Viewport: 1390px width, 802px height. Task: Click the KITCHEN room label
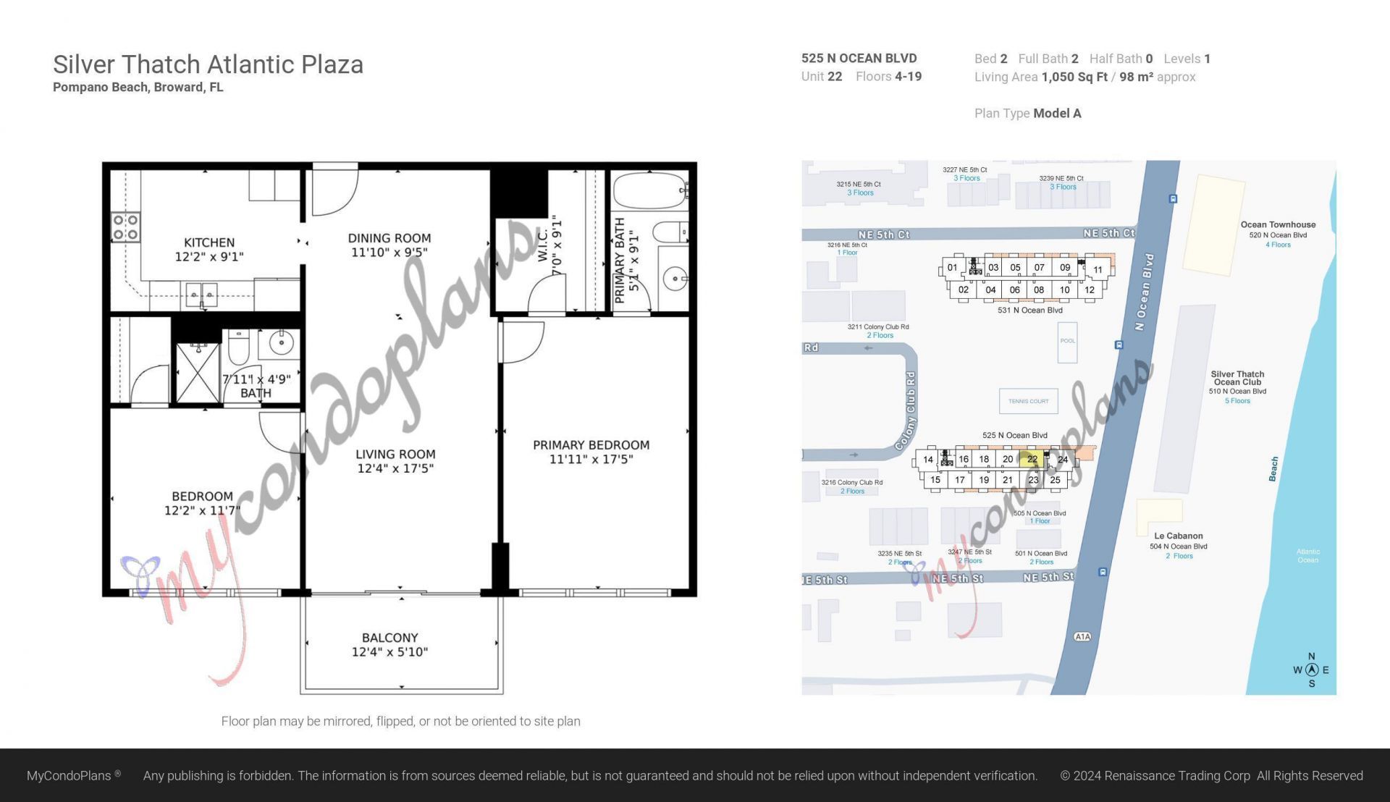click(x=208, y=242)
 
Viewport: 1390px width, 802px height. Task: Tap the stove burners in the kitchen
click(x=125, y=227)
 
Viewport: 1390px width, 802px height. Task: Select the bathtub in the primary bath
click(x=649, y=191)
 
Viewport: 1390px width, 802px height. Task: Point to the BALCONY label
click(x=389, y=638)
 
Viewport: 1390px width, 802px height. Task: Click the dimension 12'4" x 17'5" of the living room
click(x=395, y=468)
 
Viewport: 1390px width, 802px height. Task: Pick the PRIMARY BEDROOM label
click(x=591, y=445)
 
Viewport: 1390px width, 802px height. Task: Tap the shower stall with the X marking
click(x=198, y=373)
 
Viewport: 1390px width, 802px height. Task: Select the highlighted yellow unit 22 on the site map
click(x=1032, y=459)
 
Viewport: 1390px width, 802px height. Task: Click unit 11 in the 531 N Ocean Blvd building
click(x=1098, y=269)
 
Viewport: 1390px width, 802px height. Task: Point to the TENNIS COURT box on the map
click(x=1028, y=401)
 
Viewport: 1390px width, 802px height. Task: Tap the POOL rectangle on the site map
click(x=1067, y=342)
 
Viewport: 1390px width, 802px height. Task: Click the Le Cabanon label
click(x=1178, y=536)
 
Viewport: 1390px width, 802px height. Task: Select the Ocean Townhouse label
click(x=1278, y=225)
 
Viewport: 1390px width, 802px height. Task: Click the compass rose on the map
click(x=1311, y=670)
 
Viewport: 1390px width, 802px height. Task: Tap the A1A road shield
click(x=1082, y=637)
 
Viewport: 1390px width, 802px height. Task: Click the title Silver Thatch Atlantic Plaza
click(x=208, y=64)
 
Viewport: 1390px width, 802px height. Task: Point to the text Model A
click(x=1057, y=113)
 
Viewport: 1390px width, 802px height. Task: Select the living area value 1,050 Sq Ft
click(x=1074, y=77)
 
